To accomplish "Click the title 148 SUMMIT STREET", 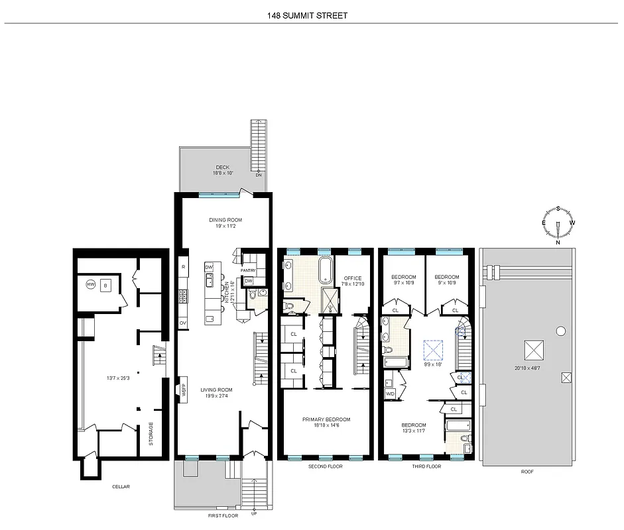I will (312, 15).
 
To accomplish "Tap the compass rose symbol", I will (558, 225).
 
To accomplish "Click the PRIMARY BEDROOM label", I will (326, 419).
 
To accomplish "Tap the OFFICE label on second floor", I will (353, 278).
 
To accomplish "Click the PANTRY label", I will (248, 270).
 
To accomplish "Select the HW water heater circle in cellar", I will (90, 285).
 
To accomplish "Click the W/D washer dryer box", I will (390, 394).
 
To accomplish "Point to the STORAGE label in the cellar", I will (151, 434).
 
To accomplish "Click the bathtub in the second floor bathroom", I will (325, 272).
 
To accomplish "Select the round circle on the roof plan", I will (561, 331).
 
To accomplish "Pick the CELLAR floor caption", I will (121, 487).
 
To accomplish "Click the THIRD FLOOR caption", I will (426, 466).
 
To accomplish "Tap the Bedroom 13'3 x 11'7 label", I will (413, 428).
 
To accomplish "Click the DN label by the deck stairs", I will (259, 175).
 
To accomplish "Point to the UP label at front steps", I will (253, 513).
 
